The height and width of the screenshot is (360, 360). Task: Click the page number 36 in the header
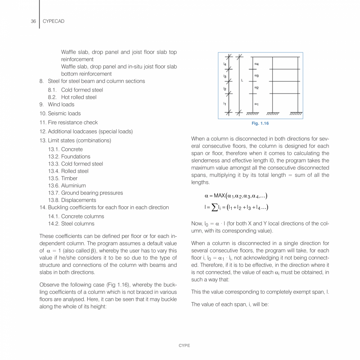33,22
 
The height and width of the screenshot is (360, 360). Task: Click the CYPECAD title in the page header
53,22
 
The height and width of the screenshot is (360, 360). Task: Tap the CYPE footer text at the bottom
184,346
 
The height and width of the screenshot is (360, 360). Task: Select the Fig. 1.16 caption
260,124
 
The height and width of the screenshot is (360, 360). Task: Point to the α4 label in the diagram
256,63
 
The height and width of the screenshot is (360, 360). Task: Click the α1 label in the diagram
256,104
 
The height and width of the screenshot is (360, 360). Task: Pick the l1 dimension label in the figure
225,103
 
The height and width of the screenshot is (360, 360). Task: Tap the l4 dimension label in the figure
225,63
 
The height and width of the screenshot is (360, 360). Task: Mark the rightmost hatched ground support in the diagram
297,114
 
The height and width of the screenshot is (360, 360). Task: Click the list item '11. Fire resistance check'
68,122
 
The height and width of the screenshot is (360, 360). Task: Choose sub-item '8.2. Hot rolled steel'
72,97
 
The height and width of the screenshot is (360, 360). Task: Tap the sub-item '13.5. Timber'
63,178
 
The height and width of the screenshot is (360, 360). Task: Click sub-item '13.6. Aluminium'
67,185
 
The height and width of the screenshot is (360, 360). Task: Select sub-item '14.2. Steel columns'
71,224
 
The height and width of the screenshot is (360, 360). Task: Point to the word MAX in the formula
220,196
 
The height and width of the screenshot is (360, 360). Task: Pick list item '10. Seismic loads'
60,113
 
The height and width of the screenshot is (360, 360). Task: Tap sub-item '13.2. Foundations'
69,157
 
